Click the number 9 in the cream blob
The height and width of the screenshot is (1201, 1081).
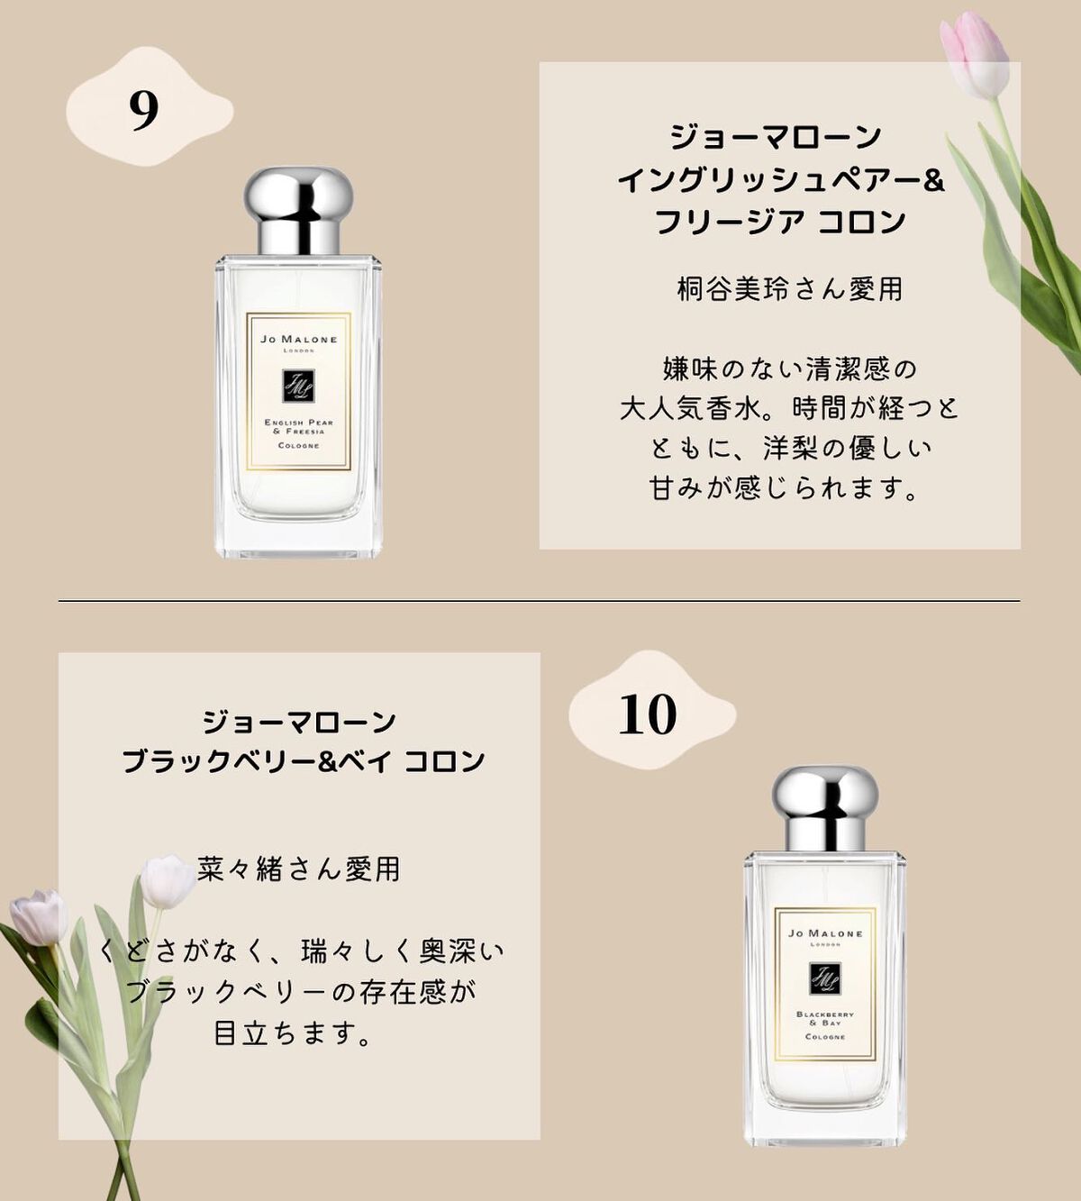click(144, 110)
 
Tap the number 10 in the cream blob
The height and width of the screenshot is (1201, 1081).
click(647, 714)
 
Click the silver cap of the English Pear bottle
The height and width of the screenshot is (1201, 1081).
click(298, 212)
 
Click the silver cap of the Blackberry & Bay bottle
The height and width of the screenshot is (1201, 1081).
click(824, 809)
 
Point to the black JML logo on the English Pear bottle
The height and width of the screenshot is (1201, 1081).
click(298, 387)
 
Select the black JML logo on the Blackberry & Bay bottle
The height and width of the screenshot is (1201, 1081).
click(825, 978)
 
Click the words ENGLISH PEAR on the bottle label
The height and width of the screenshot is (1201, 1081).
click(299, 422)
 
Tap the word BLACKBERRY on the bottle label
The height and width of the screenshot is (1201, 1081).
click(825, 1014)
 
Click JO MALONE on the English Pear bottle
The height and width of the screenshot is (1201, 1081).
click(299, 340)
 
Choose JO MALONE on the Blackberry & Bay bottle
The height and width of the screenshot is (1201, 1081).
click(825, 933)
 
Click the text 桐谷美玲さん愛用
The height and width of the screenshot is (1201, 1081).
click(789, 288)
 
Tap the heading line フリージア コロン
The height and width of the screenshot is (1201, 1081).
click(780, 222)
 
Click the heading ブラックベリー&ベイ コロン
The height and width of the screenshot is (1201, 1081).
click(303, 761)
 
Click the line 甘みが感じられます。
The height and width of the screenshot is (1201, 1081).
click(785, 488)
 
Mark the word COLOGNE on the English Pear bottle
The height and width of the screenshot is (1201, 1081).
click(299, 445)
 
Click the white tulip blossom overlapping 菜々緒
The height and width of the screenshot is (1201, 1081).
click(168, 880)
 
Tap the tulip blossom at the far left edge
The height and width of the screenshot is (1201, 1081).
click(40, 917)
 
